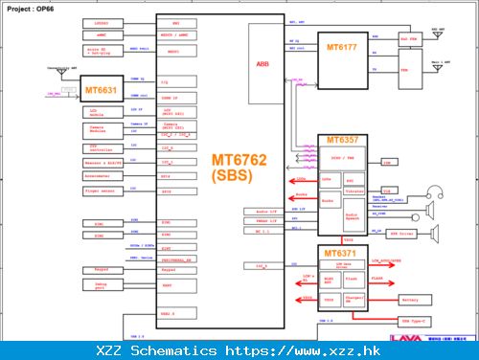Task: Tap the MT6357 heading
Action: point(341,140)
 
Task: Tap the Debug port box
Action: point(101,285)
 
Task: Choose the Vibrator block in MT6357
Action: point(351,191)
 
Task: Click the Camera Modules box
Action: point(102,128)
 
